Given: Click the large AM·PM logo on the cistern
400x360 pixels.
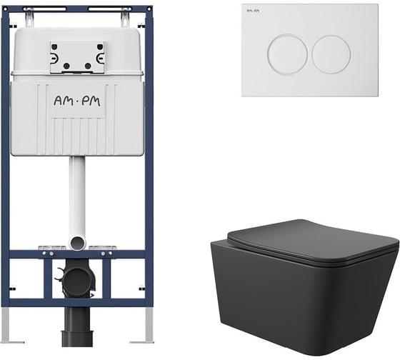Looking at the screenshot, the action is (77, 101).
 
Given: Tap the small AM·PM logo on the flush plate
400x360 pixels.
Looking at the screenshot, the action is (253, 11).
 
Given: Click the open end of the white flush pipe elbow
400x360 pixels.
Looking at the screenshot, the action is (78, 243).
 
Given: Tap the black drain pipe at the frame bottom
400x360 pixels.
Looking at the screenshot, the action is (77, 327).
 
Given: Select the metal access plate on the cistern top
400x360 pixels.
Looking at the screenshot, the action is (77, 57).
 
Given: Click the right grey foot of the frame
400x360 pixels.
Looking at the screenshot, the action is (147, 325).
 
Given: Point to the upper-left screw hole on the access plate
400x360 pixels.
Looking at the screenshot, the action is (54, 47).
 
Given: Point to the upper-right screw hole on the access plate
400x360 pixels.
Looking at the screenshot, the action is (100, 47).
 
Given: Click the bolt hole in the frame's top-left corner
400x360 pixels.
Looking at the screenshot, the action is (5, 9).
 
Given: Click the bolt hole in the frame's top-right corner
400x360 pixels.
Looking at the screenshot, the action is (149, 9).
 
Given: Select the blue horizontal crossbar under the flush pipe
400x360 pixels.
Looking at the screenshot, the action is (77, 254).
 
